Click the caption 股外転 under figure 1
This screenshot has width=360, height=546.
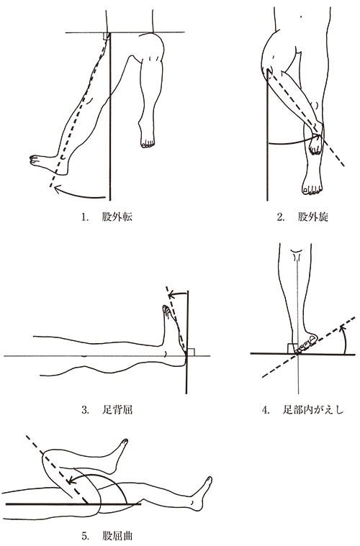(x=117, y=217)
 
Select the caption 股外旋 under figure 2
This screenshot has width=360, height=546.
(x=313, y=217)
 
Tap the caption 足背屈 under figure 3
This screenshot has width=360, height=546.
(x=117, y=409)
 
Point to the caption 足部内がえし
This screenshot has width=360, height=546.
(x=313, y=409)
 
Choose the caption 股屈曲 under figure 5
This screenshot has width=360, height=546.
(x=117, y=535)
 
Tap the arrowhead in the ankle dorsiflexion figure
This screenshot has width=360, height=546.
(x=171, y=296)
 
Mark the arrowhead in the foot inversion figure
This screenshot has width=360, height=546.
(x=343, y=328)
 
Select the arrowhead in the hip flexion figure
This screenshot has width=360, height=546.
(x=71, y=481)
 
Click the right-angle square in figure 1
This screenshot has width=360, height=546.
(x=107, y=36)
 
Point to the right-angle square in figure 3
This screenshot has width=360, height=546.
(x=191, y=352)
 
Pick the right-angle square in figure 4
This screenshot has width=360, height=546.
(x=292, y=348)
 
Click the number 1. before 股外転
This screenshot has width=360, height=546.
(x=84, y=217)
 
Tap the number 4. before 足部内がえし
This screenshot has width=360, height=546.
(x=266, y=410)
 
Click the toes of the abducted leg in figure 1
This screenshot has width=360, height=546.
(x=34, y=159)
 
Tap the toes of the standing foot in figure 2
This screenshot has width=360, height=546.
(x=312, y=191)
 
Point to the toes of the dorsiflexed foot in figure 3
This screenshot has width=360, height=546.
(x=166, y=311)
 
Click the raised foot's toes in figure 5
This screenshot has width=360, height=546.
(x=125, y=442)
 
